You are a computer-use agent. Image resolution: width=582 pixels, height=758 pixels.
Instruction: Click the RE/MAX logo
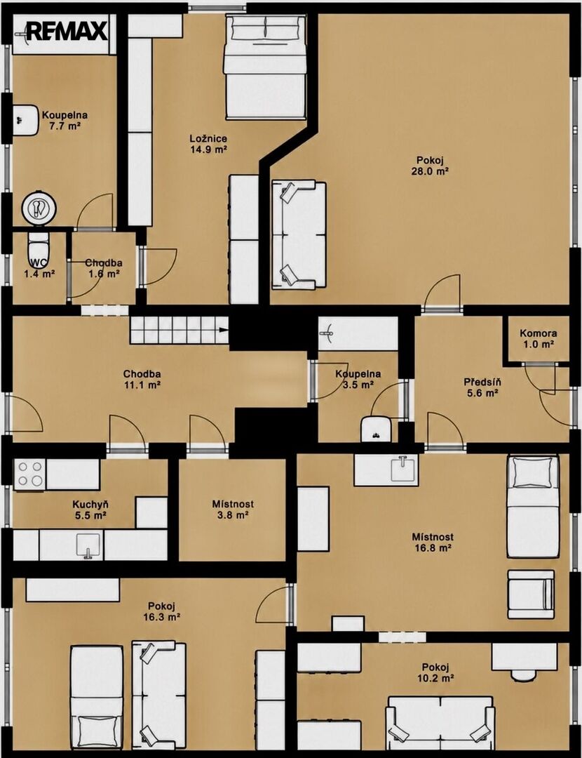point(67,32)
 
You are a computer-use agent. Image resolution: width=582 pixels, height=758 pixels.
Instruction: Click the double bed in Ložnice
point(265,67)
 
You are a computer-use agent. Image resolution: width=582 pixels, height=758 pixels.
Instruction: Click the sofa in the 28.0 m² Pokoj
point(299,235)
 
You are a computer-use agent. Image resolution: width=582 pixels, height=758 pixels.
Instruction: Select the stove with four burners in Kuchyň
point(30,474)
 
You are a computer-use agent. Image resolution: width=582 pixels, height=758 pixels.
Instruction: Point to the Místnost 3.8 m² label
point(232,510)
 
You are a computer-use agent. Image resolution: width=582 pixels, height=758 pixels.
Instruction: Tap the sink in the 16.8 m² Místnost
point(402,468)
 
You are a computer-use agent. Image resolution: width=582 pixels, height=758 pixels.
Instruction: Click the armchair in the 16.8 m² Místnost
point(530,594)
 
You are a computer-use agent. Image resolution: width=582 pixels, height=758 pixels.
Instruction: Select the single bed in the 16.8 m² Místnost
point(533,506)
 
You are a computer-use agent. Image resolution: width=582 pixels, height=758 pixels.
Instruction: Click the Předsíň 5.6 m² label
point(482,387)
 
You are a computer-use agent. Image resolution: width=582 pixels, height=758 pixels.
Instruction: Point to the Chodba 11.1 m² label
point(142,380)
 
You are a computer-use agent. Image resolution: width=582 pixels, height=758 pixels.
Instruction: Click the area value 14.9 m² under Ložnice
point(209,149)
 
